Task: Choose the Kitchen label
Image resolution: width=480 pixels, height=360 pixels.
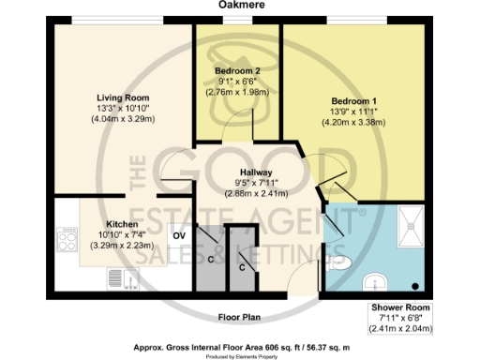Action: pos(122,226)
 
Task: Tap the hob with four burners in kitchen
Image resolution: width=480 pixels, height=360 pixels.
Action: pos(67,240)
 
